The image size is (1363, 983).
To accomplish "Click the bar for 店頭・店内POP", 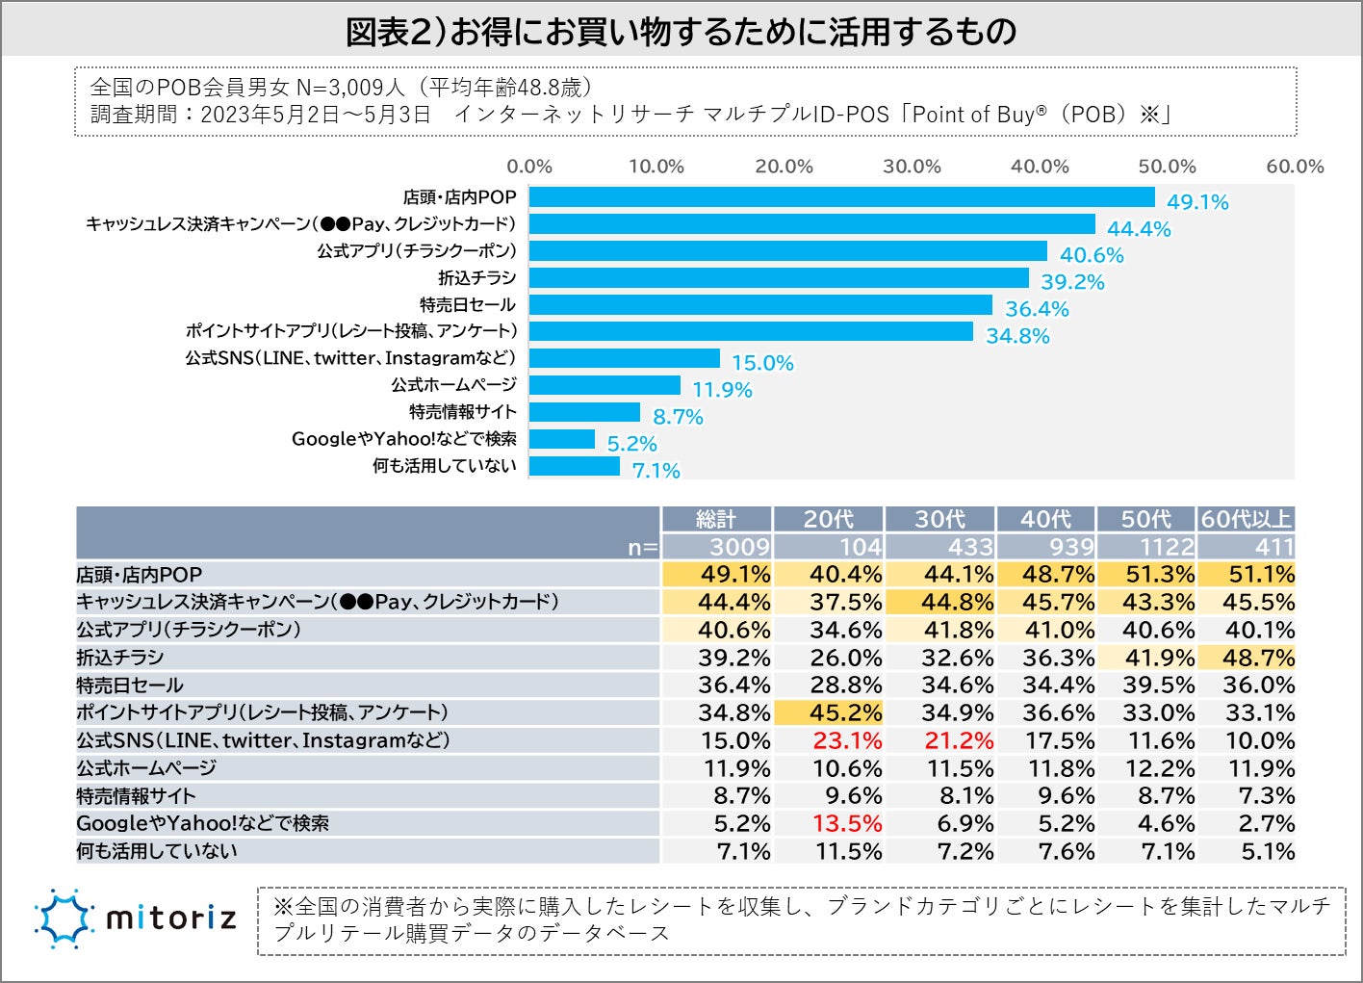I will click(841, 197).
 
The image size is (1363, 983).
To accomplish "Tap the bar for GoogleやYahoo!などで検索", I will click(562, 439).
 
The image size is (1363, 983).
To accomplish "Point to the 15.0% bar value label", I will click(762, 363).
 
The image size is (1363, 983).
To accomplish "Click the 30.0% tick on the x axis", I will click(912, 167).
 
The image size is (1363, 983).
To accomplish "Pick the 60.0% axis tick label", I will click(1295, 167).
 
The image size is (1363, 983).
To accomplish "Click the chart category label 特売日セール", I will click(468, 305).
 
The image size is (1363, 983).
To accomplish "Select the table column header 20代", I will click(829, 519).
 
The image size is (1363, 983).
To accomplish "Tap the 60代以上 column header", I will click(1247, 519).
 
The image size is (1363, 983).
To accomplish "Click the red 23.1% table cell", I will click(847, 740).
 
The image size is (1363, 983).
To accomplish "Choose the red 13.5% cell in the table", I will click(847, 824).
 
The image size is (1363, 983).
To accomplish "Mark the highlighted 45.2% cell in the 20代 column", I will click(847, 712).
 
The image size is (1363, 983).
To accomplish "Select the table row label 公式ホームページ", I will click(146, 768).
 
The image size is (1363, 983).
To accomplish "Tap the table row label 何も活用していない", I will click(157, 851).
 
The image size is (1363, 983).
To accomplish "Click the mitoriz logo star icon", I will click(64, 918).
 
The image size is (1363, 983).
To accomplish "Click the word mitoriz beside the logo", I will click(170, 918).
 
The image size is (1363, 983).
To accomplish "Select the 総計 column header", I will click(716, 519).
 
